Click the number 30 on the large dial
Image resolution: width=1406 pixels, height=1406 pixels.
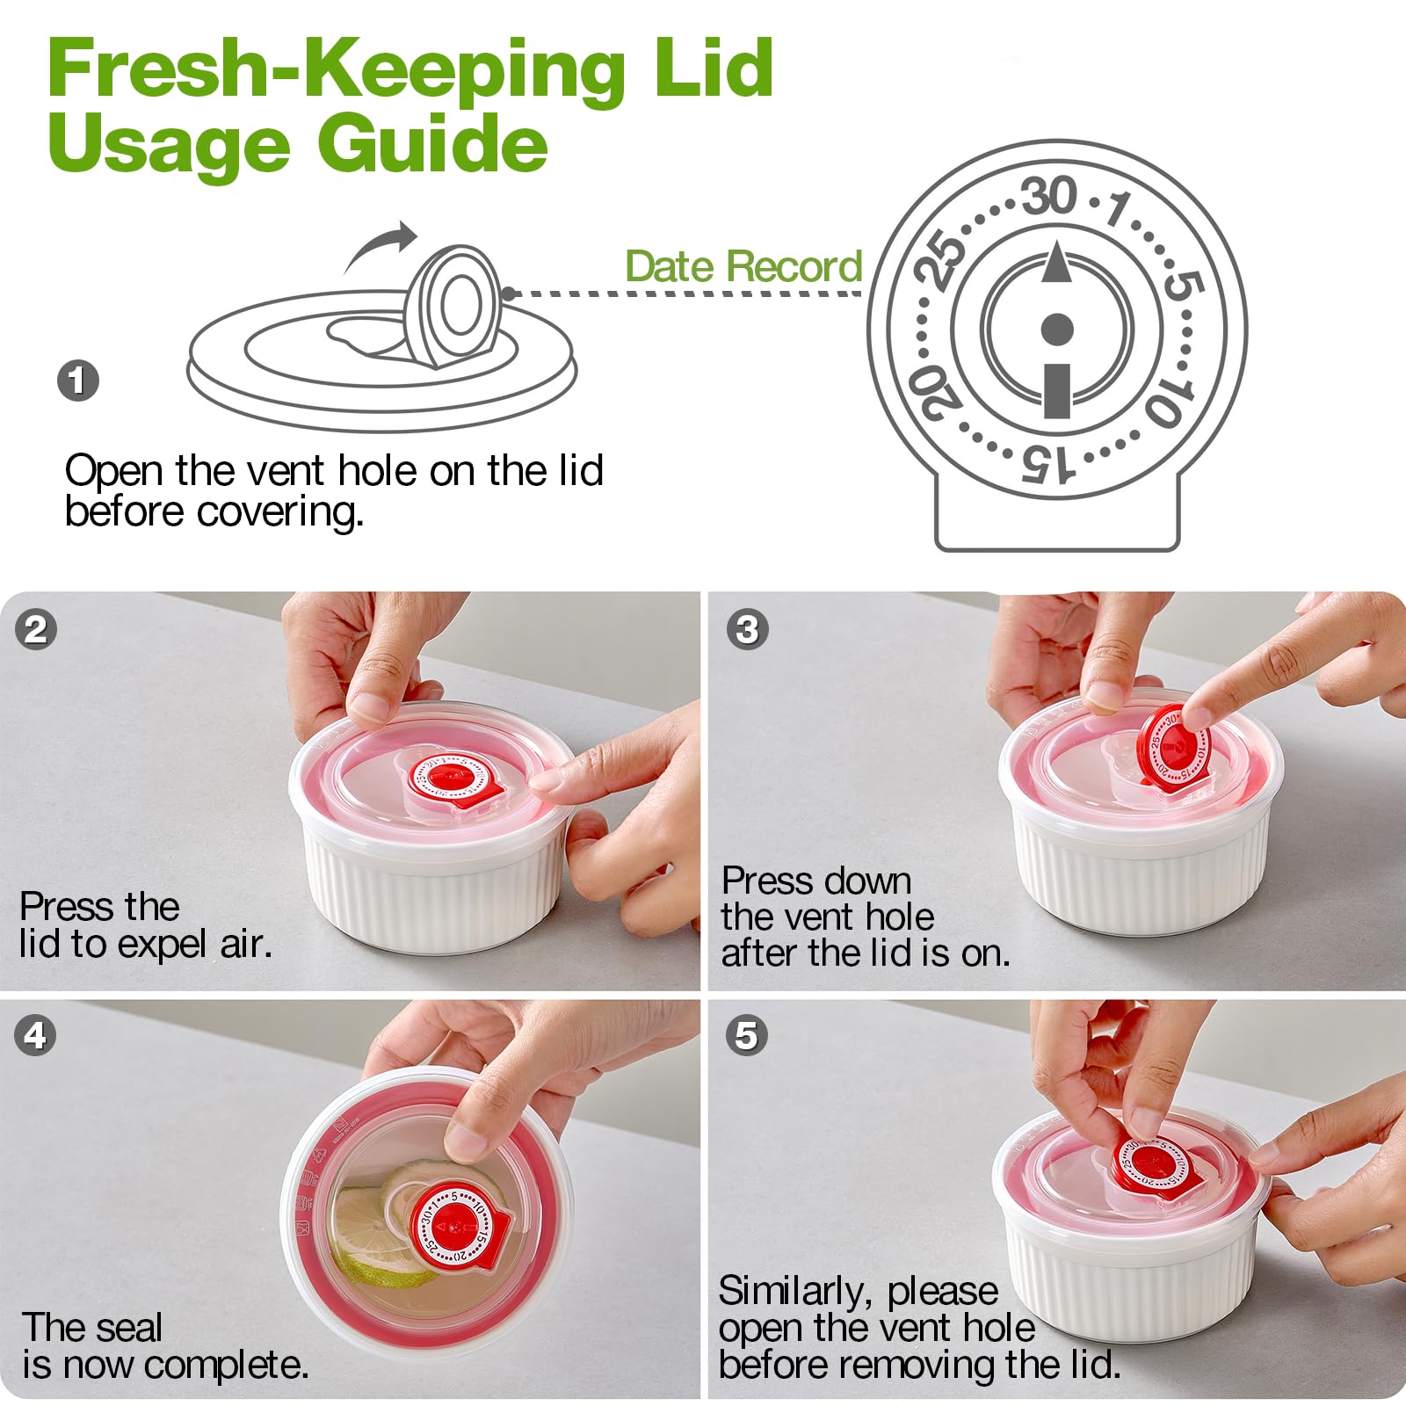tap(1049, 195)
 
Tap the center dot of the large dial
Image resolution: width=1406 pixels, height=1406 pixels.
tap(1057, 330)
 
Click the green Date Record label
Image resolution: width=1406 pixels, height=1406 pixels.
tap(743, 266)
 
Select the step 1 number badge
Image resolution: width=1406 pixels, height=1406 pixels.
tap(78, 380)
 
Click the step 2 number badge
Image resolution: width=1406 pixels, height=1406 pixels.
tap(36, 629)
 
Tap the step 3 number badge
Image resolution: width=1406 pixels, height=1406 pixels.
tap(747, 629)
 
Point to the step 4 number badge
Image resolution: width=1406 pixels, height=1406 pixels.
tap(35, 1035)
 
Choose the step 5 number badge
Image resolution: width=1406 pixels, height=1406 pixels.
tap(746, 1035)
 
